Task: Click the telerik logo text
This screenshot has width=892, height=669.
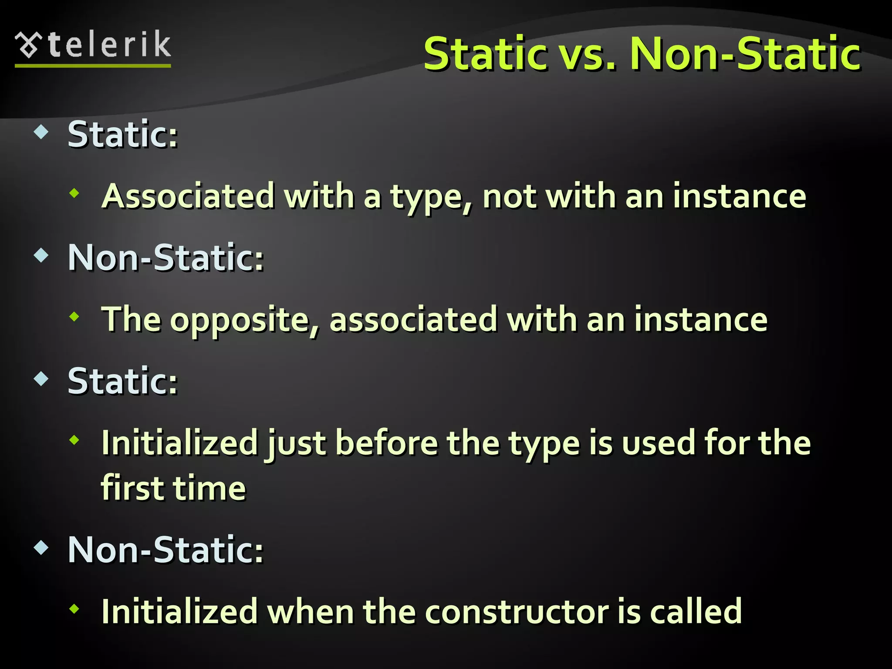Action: coord(110,45)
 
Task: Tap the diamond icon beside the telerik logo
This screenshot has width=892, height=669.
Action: coord(29,45)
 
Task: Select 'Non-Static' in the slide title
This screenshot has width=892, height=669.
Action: coord(745,54)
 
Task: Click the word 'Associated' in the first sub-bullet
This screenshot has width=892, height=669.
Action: coord(188,196)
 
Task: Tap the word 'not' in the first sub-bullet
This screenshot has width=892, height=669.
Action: coord(509,197)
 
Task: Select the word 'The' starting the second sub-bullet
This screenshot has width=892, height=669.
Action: coord(131,320)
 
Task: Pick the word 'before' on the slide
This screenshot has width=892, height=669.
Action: coord(387,443)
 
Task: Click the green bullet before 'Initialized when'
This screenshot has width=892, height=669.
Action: coord(74,608)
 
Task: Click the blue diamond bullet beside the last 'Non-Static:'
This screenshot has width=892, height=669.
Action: coord(41,547)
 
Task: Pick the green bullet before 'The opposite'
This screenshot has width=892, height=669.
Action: coord(74,317)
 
